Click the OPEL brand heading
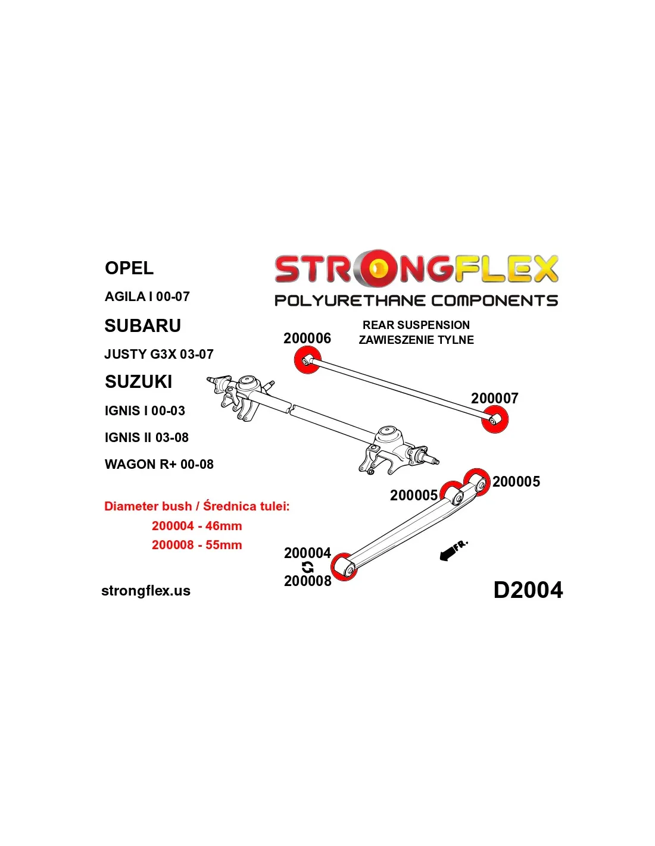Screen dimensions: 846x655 click(x=129, y=268)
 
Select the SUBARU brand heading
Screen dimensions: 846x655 click(x=142, y=326)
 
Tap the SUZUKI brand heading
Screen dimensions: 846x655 click(x=138, y=381)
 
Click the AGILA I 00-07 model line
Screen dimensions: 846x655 click(x=147, y=296)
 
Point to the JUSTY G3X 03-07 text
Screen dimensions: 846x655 click(x=158, y=354)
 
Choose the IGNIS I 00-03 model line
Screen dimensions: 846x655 click(x=145, y=411)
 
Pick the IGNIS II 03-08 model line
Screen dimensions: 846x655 click(x=146, y=437)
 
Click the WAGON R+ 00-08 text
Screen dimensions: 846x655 click(x=159, y=464)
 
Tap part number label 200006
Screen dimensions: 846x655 click(x=307, y=339)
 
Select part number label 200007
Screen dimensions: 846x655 click(x=494, y=398)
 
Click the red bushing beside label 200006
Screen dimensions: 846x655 click(x=307, y=360)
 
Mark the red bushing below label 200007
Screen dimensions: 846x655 click(x=495, y=419)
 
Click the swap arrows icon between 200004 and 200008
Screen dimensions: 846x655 click(x=307, y=567)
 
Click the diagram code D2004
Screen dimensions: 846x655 click(x=528, y=590)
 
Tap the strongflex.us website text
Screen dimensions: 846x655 click(x=146, y=591)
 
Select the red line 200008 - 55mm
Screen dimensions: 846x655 click(x=196, y=545)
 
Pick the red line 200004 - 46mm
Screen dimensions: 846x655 click(x=196, y=526)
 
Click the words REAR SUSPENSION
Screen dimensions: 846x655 click(x=416, y=325)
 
